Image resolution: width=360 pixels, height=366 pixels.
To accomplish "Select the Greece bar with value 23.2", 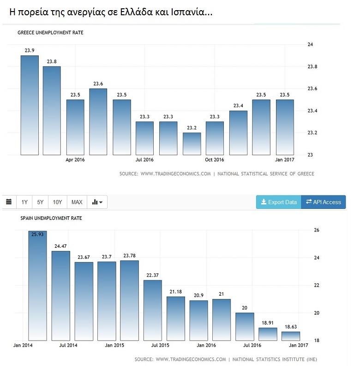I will click(192, 144).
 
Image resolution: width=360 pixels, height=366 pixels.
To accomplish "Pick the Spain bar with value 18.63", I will click(290, 336).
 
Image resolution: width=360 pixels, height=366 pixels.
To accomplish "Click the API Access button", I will click(323, 202).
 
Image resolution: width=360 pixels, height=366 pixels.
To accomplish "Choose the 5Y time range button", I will click(40, 202).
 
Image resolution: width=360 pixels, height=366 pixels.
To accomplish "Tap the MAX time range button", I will click(77, 202).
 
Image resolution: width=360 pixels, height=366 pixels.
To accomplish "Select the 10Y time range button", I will click(57, 202).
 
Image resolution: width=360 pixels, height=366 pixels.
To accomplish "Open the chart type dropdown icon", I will click(97, 202).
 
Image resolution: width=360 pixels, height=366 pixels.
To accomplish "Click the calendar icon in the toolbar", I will click(9, 202).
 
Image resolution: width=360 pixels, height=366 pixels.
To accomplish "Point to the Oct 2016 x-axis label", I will click(214, 160).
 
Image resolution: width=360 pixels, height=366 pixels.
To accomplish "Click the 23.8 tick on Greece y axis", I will click(312, 67).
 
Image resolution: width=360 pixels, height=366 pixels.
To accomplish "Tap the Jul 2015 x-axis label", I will click(160, 345).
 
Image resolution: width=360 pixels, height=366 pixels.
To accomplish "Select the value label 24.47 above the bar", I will click(60, 246).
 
